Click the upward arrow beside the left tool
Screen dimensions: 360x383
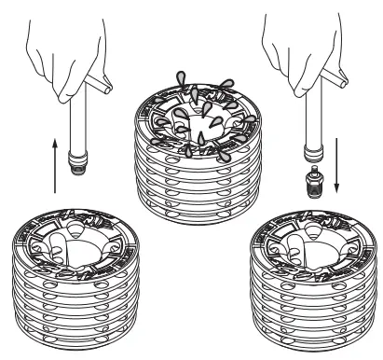coord(56,164)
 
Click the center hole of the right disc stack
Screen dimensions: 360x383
coord(307,248)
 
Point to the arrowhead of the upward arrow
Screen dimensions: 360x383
coord(56,143)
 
